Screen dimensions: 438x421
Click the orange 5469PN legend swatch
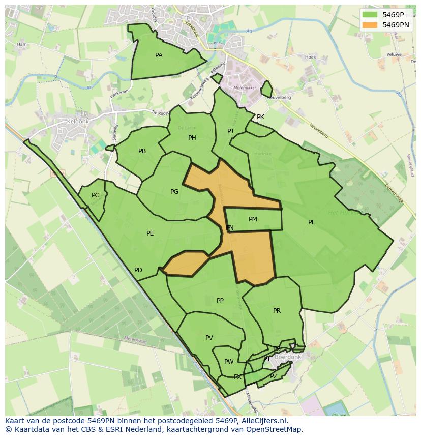coord(370,24)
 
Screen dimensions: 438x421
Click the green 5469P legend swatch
coord(370,15)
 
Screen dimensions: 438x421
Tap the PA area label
coord(159,55)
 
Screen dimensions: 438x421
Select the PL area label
coord(311,222)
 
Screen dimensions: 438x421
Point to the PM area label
coord(253,219)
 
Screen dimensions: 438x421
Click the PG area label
coord(174,192)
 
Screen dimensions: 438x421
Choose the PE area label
coord(150,233)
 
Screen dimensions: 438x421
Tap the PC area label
coord(96,195)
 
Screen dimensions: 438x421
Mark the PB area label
coord(142,151)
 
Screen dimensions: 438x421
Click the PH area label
coord(192,138)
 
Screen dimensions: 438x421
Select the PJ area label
coord(230,131)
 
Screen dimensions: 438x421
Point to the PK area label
coord(260,117)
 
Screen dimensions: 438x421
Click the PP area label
coord(220,301)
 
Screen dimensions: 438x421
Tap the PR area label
coord(277,311)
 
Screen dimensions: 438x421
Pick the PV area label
coord(209,338)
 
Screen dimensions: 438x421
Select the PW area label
coord(229,362)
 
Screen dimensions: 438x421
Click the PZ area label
coord(274,376)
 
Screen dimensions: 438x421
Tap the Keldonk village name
coord(78,122)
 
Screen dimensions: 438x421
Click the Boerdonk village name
coord(288,357)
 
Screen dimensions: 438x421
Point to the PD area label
coord(138,270)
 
